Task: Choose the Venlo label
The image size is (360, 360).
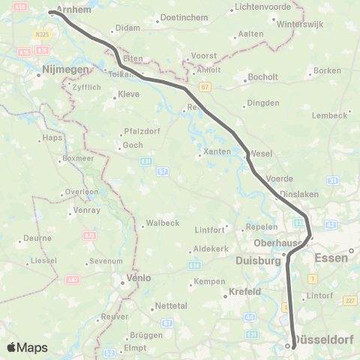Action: click(136, 277)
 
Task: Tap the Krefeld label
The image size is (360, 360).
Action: click(244, 291)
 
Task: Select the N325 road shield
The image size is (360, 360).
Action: click(43, 34)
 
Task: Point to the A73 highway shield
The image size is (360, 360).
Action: click(90, 236)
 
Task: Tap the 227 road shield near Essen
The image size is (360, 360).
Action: click(349, 301)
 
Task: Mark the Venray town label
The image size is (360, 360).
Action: click(88, 211)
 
